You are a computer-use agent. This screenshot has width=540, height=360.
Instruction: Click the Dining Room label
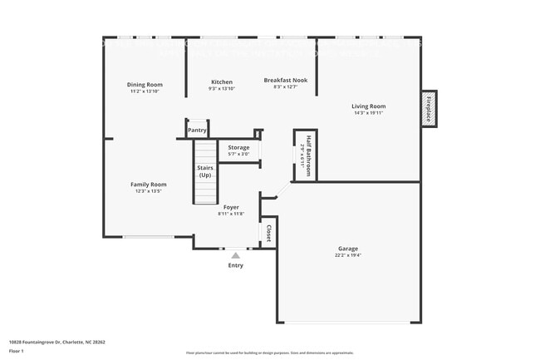[145, 84]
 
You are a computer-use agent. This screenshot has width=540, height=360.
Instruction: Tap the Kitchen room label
[222, 81]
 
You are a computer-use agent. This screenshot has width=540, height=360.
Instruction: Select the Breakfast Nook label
[286, 80]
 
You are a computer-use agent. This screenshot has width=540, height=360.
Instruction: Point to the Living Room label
[369, 106]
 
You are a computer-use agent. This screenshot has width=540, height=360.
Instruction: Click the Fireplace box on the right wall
[430, 108]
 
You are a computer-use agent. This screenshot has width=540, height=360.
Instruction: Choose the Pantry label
[197, 130]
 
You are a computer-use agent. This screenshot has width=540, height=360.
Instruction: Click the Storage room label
[238, 147]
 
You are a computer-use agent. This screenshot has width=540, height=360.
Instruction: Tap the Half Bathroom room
[306, 155]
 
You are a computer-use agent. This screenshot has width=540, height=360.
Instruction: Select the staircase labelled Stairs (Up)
[204, 172]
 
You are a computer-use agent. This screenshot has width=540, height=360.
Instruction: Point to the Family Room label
[148, 184]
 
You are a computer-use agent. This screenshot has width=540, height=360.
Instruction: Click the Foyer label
[231, 207]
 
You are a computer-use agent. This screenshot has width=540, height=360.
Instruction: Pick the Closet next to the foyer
[268, 234]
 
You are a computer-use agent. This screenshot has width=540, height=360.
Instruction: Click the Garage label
[348, 249]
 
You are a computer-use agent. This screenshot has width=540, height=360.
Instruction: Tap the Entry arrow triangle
[236, 255]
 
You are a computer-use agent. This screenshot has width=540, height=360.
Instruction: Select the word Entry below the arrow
[236, 265]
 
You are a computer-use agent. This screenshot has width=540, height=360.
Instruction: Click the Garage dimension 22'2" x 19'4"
[348, 255]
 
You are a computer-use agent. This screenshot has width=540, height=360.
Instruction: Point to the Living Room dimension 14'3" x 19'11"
[369, 113]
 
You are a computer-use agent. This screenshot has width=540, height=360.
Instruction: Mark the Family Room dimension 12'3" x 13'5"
[148, 191]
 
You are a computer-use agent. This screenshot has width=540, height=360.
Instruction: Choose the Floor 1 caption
[16, 351]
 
